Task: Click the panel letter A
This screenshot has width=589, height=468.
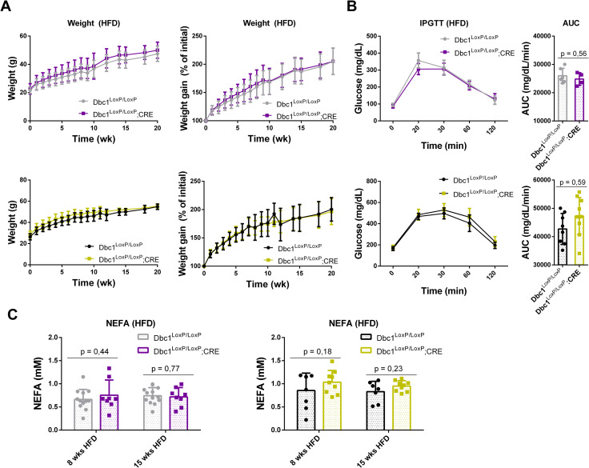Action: point(8,6)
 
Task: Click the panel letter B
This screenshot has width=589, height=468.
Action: point(351,6)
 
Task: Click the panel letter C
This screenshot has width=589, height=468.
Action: point(13,314)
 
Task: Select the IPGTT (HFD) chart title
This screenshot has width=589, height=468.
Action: point(443,23)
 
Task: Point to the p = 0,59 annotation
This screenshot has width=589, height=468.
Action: point(572,182)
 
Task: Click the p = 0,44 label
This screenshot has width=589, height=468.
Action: point(94,352)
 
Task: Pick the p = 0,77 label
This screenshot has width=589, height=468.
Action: point(166,369)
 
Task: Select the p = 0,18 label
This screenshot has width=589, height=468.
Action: point(318,352)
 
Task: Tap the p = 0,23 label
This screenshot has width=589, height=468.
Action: point(389,369)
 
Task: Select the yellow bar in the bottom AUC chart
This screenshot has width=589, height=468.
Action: point(579,240)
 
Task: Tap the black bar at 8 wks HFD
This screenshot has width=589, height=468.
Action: point(307,410)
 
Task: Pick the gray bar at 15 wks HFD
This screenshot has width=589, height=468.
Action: point(153,413)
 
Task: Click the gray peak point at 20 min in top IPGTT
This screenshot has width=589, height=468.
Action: point(416,61)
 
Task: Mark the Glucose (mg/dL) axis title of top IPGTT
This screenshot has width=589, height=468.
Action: point(359,78)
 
